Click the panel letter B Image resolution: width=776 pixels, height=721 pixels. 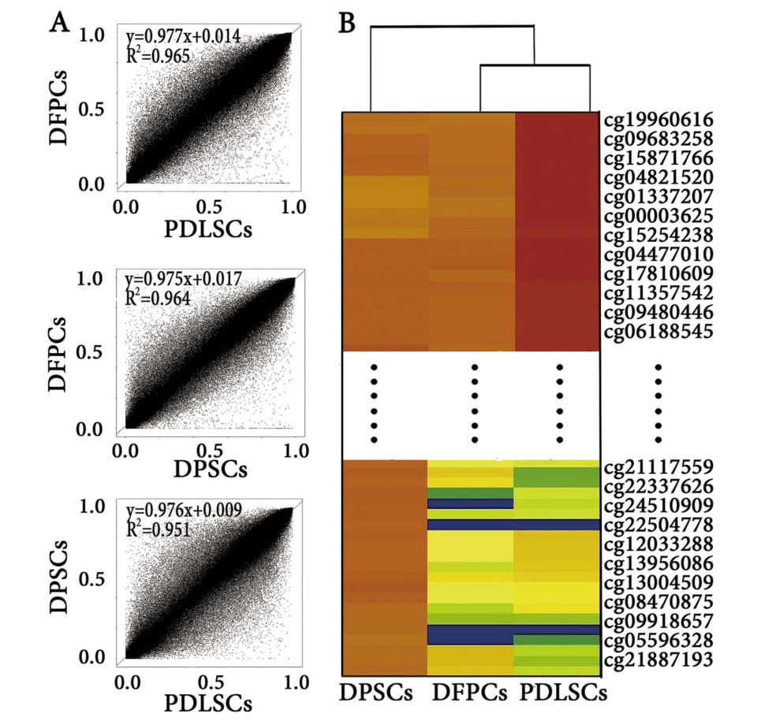(x=347, y=23)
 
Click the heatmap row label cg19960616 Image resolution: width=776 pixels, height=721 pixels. (x=658, y=121)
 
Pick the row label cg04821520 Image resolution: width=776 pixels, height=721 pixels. (x=658, y=177)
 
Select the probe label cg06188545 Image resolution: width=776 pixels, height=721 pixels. (x=658, y=332)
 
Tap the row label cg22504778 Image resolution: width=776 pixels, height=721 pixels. (x=658, y=525)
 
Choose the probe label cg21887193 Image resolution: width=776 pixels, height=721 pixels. (x=658, y=659)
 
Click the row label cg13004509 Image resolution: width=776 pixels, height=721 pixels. (x=658, y=583)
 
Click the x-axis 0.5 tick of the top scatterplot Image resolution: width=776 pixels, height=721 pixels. (x=209, y=206)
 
